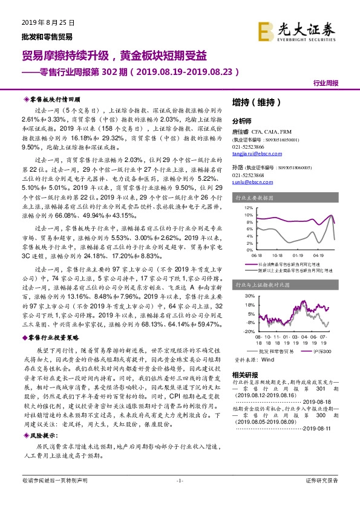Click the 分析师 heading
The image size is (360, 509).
[241, 120]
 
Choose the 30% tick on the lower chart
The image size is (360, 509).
[249, 297]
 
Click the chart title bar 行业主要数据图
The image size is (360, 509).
[255, 197]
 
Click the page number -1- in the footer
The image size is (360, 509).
[179, 497]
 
